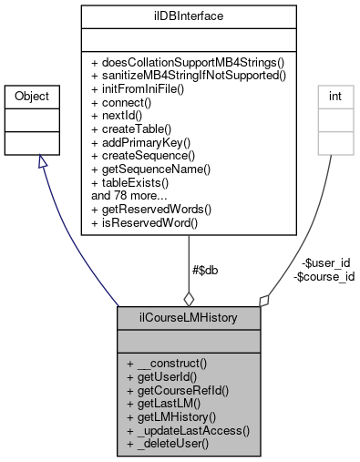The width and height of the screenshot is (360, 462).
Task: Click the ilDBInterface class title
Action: pyautogui.click(x=188, y=15)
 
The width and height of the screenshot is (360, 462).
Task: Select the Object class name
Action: pyautogui.click(x=38, y=96)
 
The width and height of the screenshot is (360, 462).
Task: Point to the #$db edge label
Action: pyautogui.click(x=206, y=269)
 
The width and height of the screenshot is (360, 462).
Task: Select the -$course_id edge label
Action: pyautogui.click(x=324, y=276)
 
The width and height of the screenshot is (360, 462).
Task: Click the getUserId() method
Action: pyautogui.click(x=164, y=376)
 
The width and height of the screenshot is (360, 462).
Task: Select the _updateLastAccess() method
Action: pyautogui.click(x=189, y=430)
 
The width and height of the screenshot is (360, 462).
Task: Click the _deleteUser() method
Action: pyautogui.click(x=169, y=444)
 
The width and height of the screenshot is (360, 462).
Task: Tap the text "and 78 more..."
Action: pyautogui.click(x=129, y=195)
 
